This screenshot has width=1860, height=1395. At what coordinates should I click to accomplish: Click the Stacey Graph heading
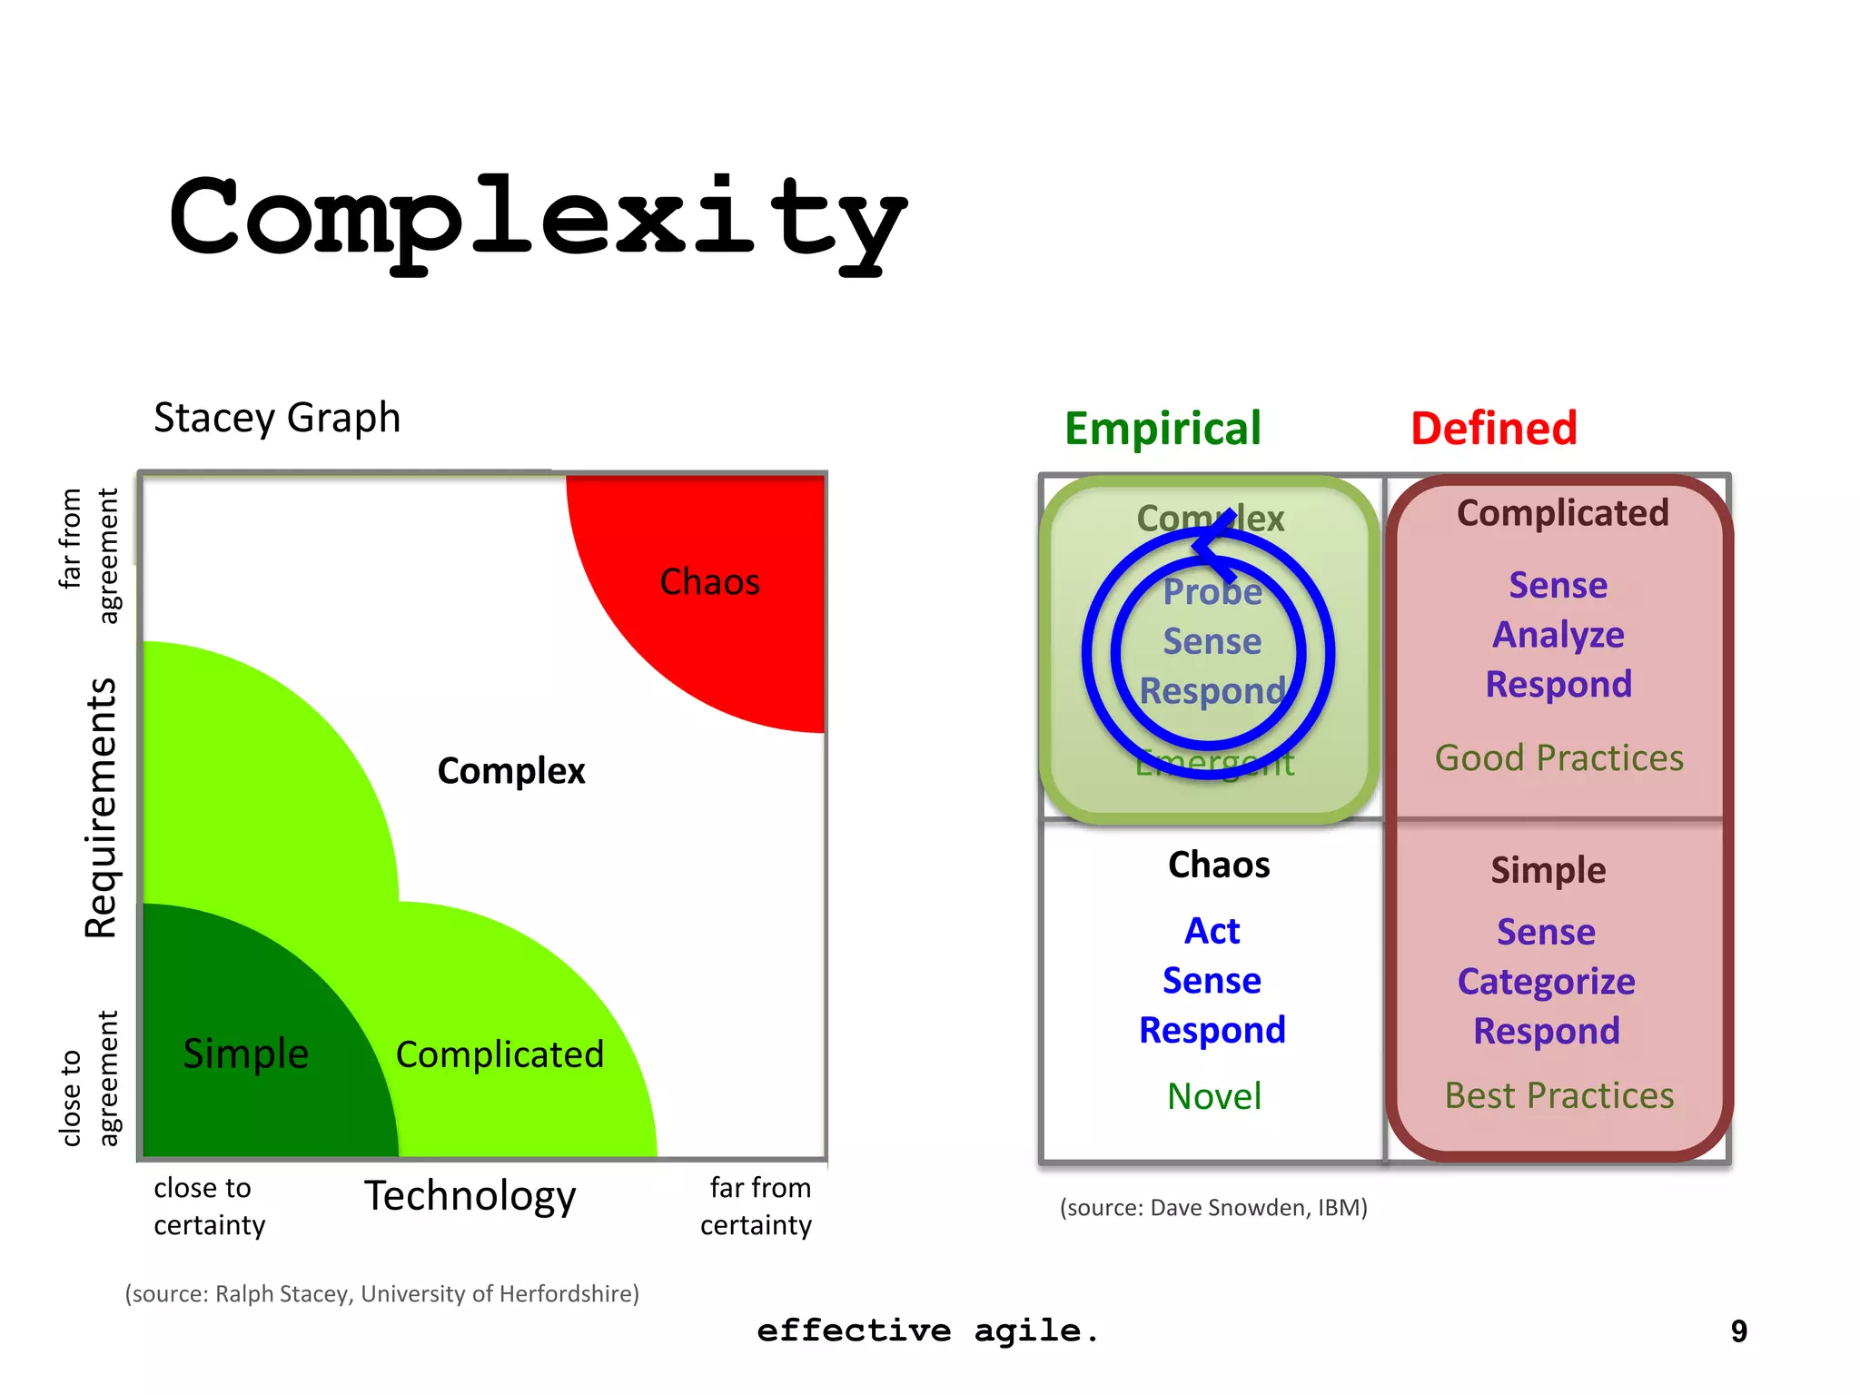(277, 419)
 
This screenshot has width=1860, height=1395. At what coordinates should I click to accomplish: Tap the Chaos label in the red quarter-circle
(709, 582)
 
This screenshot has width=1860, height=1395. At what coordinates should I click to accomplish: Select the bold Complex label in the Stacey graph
(511, 771)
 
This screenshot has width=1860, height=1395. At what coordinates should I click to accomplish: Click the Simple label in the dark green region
(245, 1054)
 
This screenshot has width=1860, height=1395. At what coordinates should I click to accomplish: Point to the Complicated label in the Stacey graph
(500, 1054)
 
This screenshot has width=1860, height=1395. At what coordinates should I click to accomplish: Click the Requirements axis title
(102, 807)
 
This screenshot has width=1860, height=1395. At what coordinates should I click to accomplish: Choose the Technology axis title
(470, 1196)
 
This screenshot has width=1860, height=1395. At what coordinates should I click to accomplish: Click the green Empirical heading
(1162, 429)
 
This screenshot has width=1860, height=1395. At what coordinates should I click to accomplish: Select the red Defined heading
(1494, 429)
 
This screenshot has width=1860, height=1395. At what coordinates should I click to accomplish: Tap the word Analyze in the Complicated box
(1558, 635)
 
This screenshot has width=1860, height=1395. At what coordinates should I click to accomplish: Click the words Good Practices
(1558, 758)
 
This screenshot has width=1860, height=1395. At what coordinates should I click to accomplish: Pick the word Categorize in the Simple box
(1546, 982)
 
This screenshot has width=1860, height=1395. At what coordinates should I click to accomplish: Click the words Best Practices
(1558, 1096)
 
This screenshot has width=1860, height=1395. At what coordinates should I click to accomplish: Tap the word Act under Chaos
(1212, 931)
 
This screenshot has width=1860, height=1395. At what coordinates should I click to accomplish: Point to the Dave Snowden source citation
(1213, 1208)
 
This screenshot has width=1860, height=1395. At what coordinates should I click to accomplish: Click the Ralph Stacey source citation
(381, 1294)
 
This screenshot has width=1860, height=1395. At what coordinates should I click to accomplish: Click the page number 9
(1738, 1331)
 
